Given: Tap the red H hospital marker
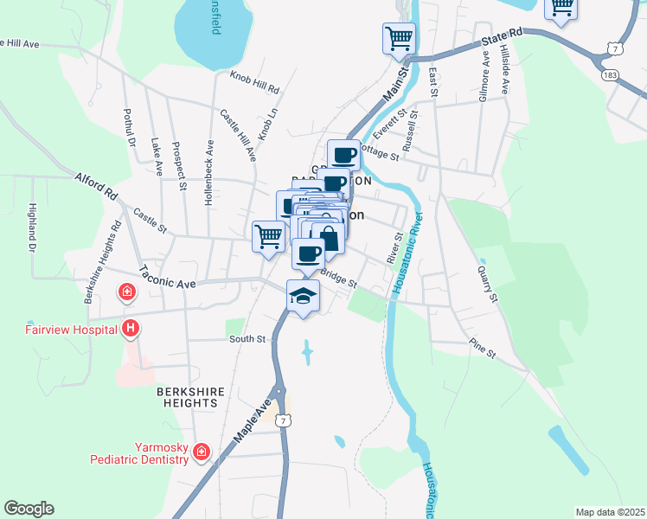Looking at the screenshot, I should point(131,328).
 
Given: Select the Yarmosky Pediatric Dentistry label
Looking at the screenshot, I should point(143,453).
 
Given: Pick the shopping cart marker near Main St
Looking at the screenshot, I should point(399,37).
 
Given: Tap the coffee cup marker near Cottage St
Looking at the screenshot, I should point(343,156).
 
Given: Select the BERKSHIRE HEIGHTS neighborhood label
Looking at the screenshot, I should point(190,398).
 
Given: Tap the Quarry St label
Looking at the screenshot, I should point(489,283).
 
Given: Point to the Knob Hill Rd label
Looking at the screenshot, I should point(255,83).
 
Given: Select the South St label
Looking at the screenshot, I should point(247,339).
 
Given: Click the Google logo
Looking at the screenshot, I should point(29,509).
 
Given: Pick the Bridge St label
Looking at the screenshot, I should point(339,278).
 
